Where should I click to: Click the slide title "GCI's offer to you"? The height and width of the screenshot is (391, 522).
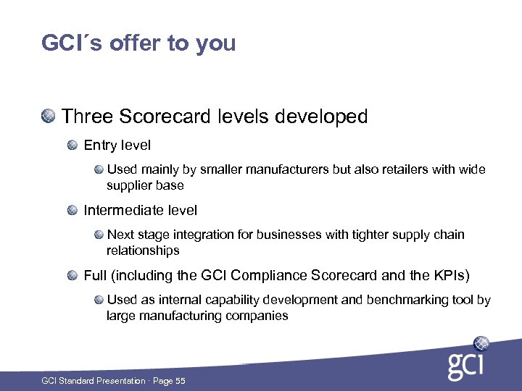pos(138,43)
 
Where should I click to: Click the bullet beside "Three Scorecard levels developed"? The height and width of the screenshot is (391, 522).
pos(49,115)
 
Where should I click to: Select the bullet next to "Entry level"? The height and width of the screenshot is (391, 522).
pos(72,146)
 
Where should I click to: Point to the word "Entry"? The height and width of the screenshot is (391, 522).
pos(100,146)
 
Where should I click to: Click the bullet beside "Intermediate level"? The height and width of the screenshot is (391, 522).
pos(72,211)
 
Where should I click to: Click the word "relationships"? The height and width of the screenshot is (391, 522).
pos(143,251)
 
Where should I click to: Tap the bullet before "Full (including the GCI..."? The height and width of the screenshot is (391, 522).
pos(72,276)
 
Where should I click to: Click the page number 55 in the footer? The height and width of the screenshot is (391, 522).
pos(179,381)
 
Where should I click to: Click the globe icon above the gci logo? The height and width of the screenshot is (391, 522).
pos(481,344)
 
